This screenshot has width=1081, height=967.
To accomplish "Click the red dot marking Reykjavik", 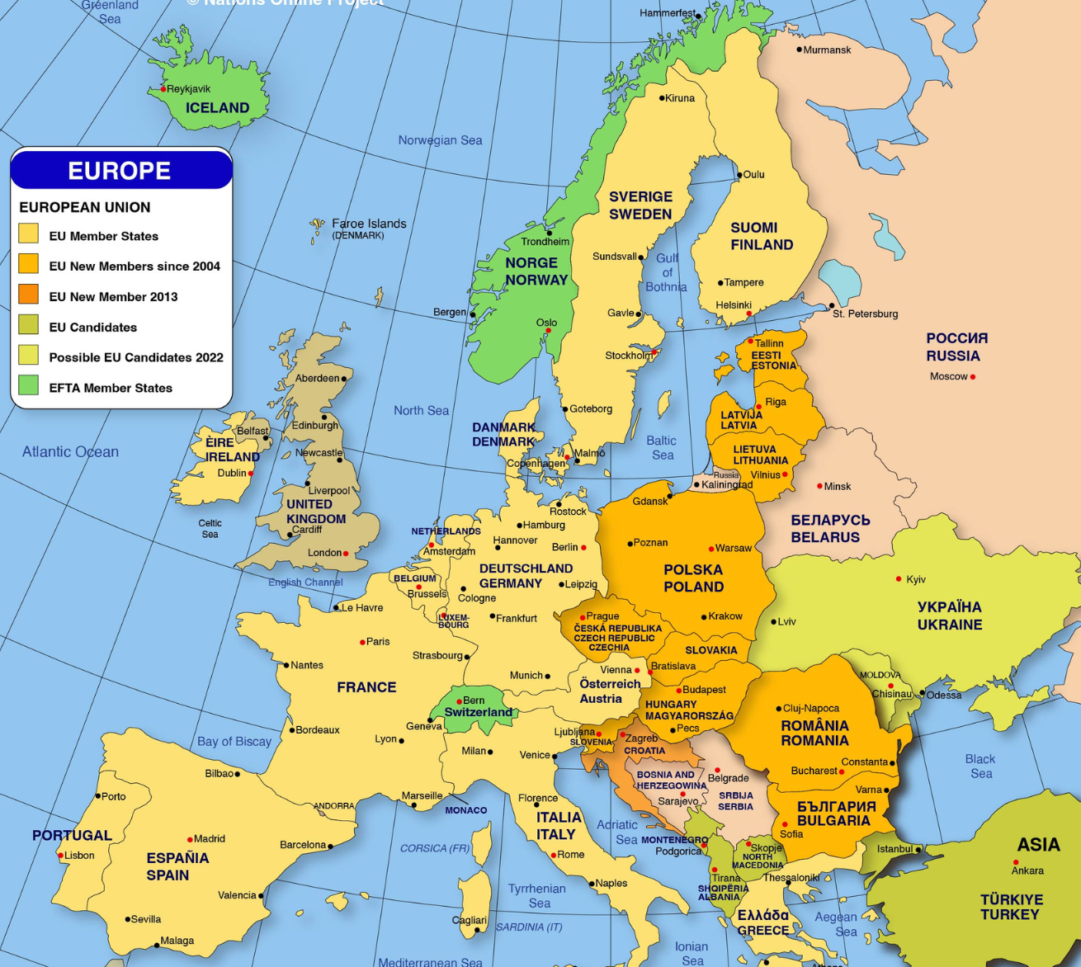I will (x=163, y=89).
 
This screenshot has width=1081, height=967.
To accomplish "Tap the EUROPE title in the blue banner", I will (x=120, y=171).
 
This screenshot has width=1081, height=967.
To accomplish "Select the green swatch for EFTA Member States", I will (x=29, y=385).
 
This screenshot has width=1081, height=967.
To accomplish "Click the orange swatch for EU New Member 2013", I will (x=29, y=295).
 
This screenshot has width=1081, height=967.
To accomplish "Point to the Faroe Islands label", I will (x=368, y=224).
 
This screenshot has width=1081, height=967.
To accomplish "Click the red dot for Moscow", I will (x=973, y=377).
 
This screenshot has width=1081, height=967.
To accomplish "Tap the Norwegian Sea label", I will (x=440, y=140).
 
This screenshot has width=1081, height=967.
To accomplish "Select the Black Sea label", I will (x=980, y=766).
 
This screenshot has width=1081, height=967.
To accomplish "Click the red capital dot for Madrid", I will (x=190, y=839).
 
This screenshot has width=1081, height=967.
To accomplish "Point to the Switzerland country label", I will (x=478, y=712).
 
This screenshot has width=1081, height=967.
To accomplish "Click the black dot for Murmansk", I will (x=799, y=50).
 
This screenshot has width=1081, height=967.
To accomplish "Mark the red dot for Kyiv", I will (x=899, y=579).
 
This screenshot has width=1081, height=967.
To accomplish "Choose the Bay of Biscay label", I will (x=234, y=741).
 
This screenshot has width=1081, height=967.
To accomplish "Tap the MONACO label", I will (x=466, y=810).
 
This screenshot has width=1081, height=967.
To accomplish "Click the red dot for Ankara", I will (x=1016, y=863).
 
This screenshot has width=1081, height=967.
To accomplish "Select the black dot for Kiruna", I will (x=662, y=98).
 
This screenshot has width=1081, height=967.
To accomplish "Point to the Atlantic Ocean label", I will (x=70, y=451).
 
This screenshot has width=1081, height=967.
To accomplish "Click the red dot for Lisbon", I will (x=61, y=856).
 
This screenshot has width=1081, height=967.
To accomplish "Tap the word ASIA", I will (x=1038, y=844).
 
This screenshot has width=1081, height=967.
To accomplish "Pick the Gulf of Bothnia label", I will (x=667, y=272).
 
